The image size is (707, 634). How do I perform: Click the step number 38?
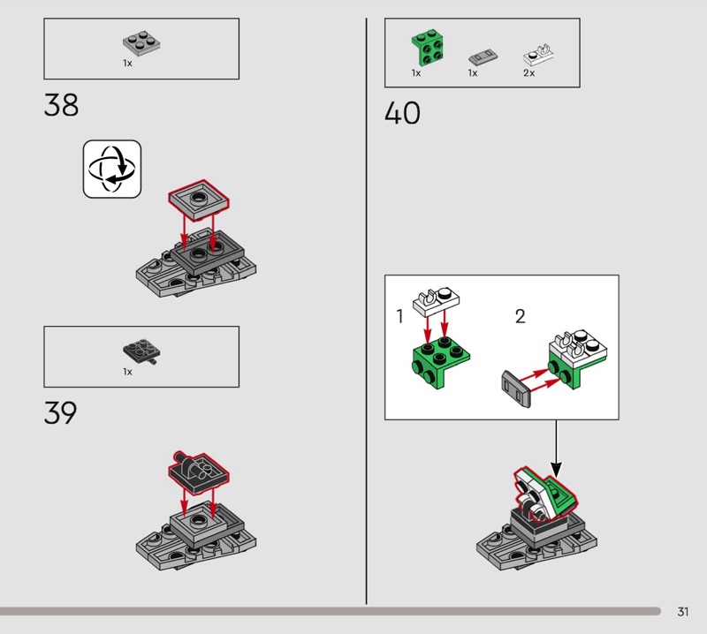pyautogui.click(x=61, y=105)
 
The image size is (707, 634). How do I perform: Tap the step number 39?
pyautogui.click(x=60, y=412)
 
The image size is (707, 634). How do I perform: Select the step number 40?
pyautogui.click(x=402, y=113)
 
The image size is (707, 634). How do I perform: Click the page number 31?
pyautogui.click(x=682, y=611)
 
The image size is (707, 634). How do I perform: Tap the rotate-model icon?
pyautogui.click(x=112, y=169)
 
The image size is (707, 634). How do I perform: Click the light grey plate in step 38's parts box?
pyautogui.click(x=141, y=42)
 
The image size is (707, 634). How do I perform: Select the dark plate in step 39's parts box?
pyautogui.click(x=141, y=351)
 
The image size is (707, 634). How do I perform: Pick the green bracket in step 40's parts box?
pyautogui.click(x=427, y=48)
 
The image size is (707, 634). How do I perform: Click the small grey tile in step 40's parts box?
pyautogui.click(x=483, y=57)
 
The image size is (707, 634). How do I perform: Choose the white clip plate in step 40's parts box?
pyautogui.click(x=538, y=56)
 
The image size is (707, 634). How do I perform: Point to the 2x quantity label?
pyautogui.click(x=528, y=73)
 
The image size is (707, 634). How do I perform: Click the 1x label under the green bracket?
pyautogui.click(x=415, y=73)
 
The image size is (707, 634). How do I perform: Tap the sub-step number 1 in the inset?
pyautogui.click(x=399, y=316)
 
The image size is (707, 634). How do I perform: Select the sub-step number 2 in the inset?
pyautogui.click(x=520, y=316)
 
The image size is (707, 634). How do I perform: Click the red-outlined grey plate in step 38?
pyautogui.click(x=199, y=200)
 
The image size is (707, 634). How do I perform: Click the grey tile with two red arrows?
pyautogui.click(x=516, y=389)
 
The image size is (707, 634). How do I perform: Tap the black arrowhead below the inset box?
pyautogui.click(x=557, y=470)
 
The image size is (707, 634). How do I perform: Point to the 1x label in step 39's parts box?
pyautogui.click(x=127, y=372)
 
